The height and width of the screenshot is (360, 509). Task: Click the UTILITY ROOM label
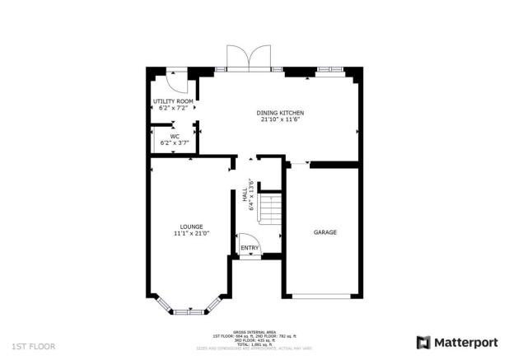(173, 101)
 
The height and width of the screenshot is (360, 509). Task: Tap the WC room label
(174, 137)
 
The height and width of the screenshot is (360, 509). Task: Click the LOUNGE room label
(192, 226)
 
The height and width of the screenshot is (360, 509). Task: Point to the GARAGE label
(325, 232)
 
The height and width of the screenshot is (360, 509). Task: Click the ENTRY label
(249, 247)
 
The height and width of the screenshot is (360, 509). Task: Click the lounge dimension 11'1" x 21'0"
(192, 233)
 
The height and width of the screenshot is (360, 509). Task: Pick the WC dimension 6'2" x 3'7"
(174, 143)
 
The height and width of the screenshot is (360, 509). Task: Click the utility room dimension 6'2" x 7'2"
(173, 107)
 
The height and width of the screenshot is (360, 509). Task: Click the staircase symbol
(269, 208)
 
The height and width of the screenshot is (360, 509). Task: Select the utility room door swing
(176, 82)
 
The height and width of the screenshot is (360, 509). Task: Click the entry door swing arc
(250, 248)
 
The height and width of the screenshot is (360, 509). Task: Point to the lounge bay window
(190, 310)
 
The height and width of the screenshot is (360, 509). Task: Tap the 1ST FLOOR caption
(34, 347)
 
